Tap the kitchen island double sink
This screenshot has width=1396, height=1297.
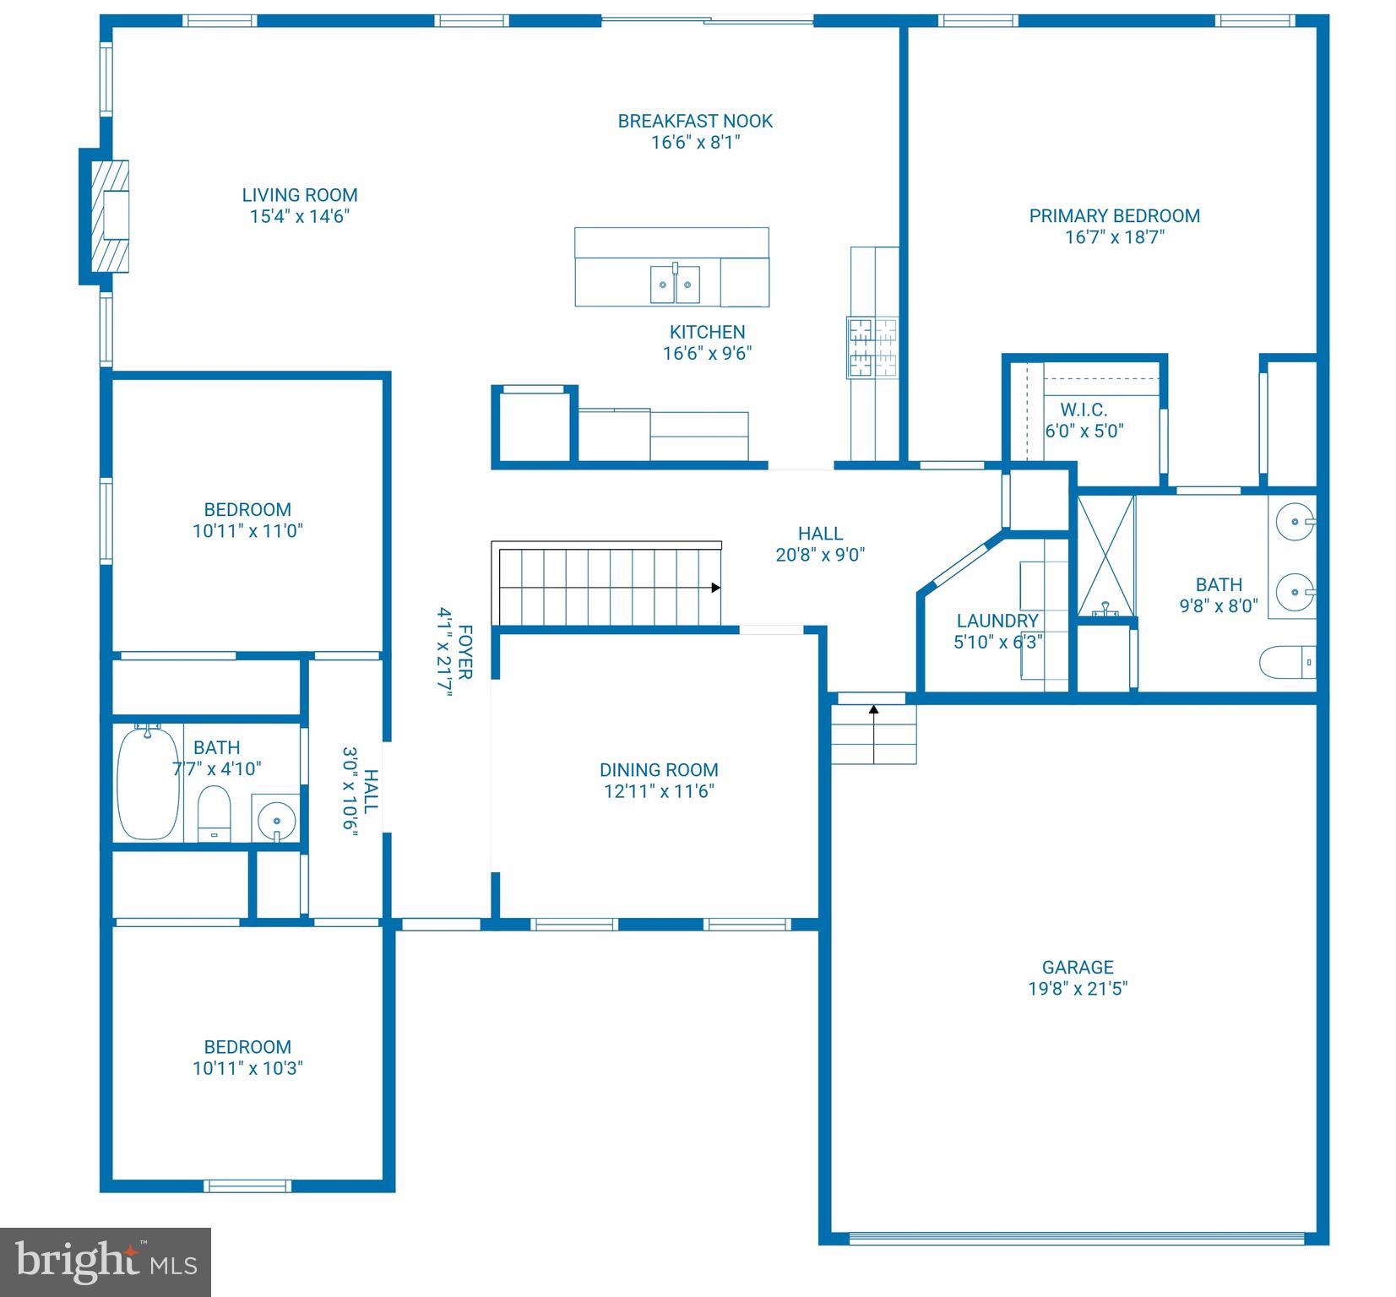coord(675,285)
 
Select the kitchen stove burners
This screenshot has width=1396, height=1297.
coord(872,347)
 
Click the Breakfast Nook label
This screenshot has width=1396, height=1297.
coord(694,122)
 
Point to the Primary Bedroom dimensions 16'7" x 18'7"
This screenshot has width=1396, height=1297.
coord(1114,237)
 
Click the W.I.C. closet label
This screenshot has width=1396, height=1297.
coord(1084,410)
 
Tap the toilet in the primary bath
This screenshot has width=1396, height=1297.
coord(1286,663)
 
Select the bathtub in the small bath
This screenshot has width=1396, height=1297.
coord(148,783)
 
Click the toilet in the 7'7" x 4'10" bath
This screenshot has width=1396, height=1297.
coord(214,812)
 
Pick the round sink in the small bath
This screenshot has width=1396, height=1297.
coord(275,819)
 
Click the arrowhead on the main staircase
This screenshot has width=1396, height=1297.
coord(715,588)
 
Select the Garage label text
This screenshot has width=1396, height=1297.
coord(1077,968)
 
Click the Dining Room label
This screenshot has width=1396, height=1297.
coord(659,770)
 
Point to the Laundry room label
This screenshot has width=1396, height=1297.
coord(997,621)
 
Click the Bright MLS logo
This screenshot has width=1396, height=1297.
coord(105,1262)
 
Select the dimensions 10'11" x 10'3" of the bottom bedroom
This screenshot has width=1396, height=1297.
coord(247,1068)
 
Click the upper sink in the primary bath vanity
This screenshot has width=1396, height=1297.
coord(1295,518)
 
